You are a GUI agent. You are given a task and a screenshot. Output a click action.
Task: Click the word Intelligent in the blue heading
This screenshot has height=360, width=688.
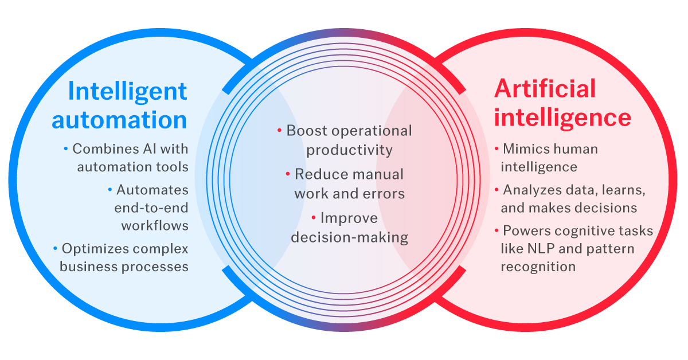(127, 91)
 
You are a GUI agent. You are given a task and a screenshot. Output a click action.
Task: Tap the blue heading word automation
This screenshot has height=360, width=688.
(119, 120)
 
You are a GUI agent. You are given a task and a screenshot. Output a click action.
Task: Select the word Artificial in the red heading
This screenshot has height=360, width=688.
(545, 89)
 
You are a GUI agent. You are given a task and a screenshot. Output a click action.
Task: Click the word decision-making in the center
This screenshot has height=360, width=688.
(349, 237)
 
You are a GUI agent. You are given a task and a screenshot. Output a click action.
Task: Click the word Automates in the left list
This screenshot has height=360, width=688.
(153, 189)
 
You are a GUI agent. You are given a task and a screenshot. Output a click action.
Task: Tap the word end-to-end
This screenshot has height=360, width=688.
(151, 208)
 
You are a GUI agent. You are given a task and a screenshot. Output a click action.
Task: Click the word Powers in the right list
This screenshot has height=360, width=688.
(524, 231)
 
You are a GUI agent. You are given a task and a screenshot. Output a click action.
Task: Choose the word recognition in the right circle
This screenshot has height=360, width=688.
(537, 267)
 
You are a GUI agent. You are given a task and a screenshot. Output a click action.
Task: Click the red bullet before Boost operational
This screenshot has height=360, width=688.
(279, 131)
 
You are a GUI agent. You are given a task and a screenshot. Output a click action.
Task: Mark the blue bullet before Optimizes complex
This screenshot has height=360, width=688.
(56, 249)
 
